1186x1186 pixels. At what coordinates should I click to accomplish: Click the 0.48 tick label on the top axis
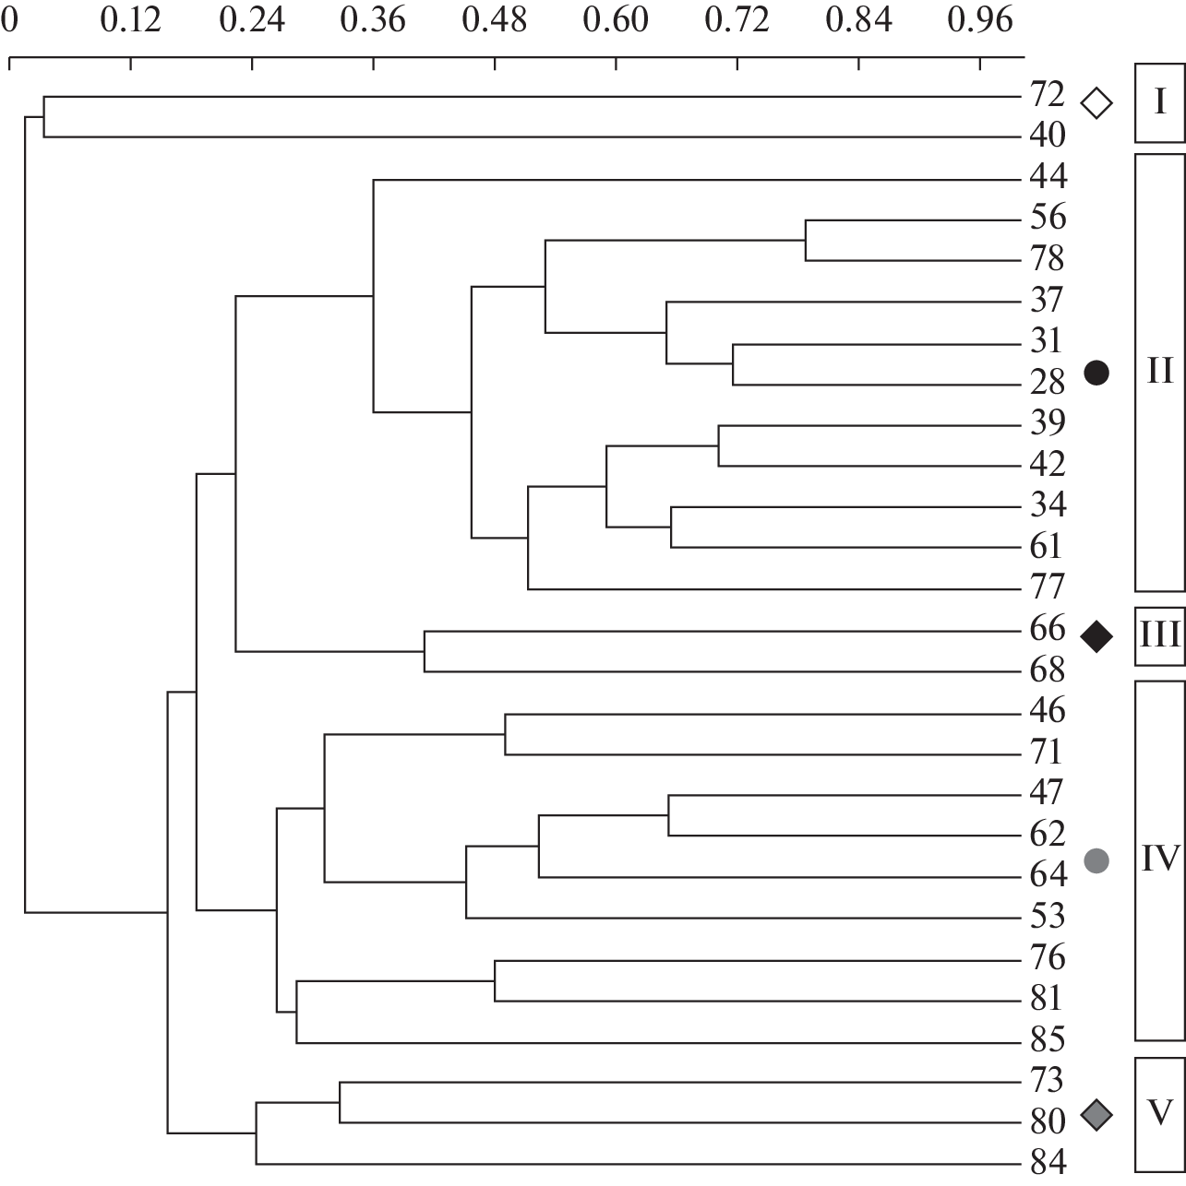tap(495, 19)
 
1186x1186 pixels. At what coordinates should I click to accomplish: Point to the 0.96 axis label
tap(979, 19)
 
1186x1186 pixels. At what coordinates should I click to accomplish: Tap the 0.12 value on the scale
tap(131, 19)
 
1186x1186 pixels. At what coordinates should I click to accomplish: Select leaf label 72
tap(1048, 95)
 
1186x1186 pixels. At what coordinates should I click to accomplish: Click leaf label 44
tap(1048, 176)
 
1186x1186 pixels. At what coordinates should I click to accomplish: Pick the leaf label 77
tap(1048, 587)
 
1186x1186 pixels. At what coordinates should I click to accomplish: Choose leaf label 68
tap(1048, 670)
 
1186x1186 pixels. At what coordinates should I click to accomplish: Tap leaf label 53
tap(1048, 916)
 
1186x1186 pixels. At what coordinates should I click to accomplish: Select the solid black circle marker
tap(1097, 373)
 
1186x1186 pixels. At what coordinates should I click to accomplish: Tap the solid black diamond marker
tap(1097, 636)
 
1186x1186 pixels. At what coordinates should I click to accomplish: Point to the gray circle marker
tap(1097, 860)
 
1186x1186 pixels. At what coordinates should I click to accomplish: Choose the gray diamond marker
tap(1097, 1114)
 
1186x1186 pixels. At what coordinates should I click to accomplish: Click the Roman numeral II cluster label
tap(1159, 372)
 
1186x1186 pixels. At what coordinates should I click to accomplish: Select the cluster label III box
tap(1159, 636)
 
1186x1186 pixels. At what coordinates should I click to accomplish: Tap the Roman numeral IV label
tap(1159, 860)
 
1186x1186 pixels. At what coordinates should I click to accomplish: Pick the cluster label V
tap(1159, 1113)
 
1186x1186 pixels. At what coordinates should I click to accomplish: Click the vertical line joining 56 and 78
tap(806, 241)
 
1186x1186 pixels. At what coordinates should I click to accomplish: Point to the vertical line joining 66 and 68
tap(425, 651)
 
